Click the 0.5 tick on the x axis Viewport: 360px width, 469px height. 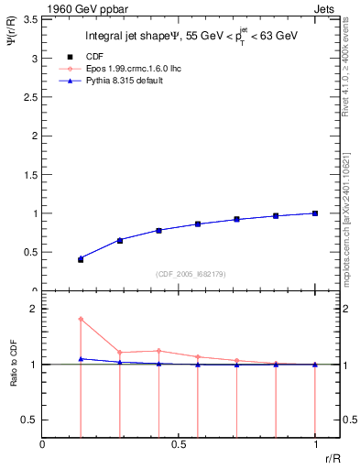pyautogui.click(x=179, y=446)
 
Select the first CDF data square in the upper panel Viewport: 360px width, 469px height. pyautogui.click(x=81, y=259)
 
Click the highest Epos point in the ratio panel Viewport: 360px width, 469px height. pyautogui.click(x=81, y=319)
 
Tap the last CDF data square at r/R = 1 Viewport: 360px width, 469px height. pyautogui.click(x=315, y=213)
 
